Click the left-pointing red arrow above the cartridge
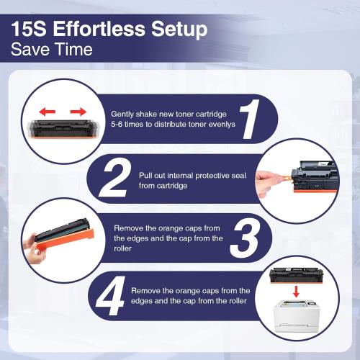(46, 112)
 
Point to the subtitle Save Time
(51, 50)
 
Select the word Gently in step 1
(124, 114)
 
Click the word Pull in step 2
(145, 174)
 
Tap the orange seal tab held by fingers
(282, 175)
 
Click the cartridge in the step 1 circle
(60, 128)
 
